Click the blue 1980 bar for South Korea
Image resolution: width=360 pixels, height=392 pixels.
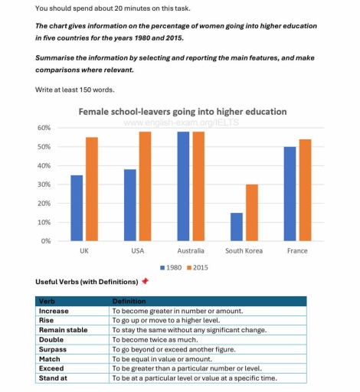coord(237,227)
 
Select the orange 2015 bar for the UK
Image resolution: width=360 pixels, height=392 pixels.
coord(92,189)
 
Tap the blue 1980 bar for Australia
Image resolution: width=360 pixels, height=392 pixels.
coord(183,186)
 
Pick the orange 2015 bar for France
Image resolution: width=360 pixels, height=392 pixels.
coord(305,190)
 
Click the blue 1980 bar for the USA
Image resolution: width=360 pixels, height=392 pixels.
coord(130,205)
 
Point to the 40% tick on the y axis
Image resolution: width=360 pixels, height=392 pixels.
coord(44,165)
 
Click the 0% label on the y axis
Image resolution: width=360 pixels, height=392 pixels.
coord(46,241)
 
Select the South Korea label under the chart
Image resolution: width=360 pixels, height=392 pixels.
coord(244,251)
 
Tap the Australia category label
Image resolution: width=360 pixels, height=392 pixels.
coord(191,251)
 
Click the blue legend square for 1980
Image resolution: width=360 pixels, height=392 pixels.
coord(162,268)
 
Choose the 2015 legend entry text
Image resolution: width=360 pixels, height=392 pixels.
coord(201,268)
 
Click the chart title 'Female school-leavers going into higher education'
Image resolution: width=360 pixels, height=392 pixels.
coord(182,112)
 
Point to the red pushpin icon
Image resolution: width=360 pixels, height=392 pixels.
coord(145,281)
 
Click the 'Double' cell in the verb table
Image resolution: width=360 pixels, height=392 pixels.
coord(51,340)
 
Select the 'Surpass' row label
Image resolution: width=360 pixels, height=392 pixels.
coord(53,349)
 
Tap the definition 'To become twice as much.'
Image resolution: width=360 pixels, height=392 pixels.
coord(155,340)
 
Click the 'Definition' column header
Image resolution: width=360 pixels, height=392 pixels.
coord(129,302)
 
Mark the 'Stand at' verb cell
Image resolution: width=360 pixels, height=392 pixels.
coord(53,378)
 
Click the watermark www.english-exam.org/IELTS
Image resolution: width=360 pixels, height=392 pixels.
coord(182,122)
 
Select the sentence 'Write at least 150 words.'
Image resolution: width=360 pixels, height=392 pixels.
coord(75,90)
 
